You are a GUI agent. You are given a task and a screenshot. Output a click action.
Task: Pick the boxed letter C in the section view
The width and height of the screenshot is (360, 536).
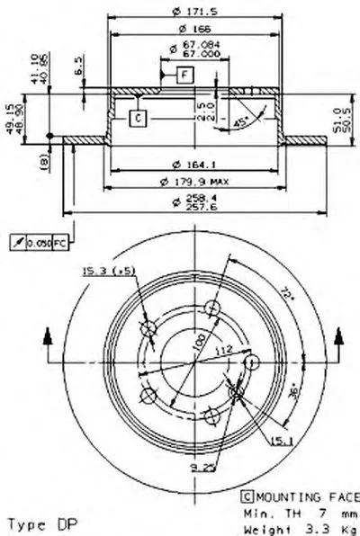tap(137, 117)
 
